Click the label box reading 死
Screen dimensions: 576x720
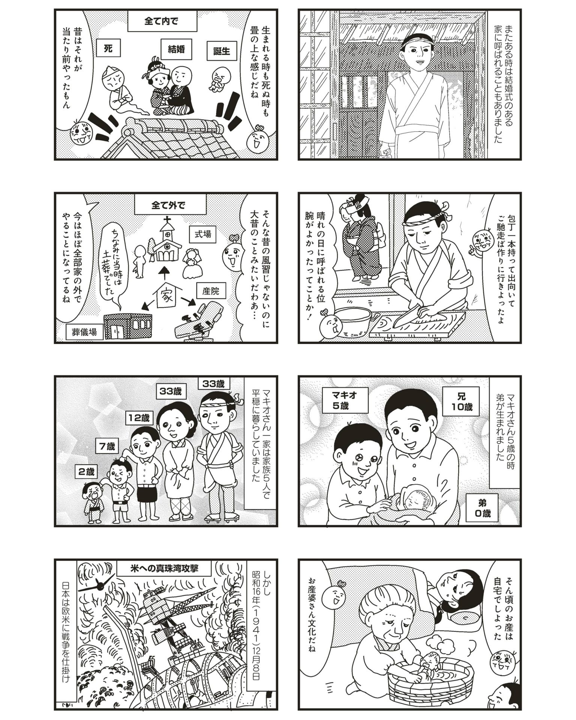[108, 49]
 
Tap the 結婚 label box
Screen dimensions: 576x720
[176, 49]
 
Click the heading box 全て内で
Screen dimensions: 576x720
[162, 22]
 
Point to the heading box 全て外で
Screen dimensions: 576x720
[168, 205]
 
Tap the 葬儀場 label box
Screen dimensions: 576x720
[85, 331]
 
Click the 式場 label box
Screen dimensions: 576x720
[202, 234]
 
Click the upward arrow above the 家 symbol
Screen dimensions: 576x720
[163, 273]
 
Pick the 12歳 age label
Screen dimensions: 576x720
[139, 417]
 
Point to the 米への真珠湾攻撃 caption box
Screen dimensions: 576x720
[164, 579]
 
